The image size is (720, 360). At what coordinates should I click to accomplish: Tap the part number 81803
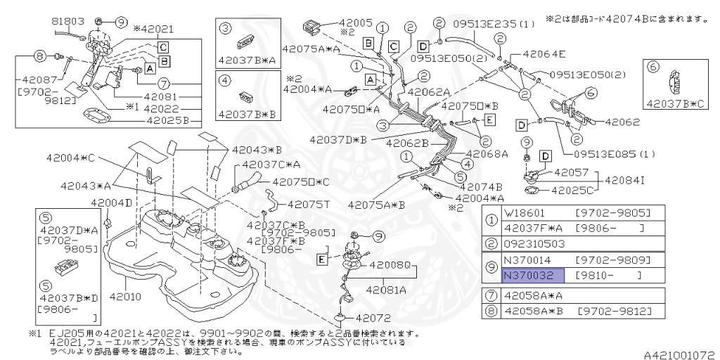[68, 22]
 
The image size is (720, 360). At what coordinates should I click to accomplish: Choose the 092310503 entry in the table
[534, 243]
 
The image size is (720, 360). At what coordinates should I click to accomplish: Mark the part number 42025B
[168, 120]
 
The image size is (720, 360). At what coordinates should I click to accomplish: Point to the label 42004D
[111, 203]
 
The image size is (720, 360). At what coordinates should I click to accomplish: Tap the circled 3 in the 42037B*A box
[226, 29]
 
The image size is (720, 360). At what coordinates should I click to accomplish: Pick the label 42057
[571, 172]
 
